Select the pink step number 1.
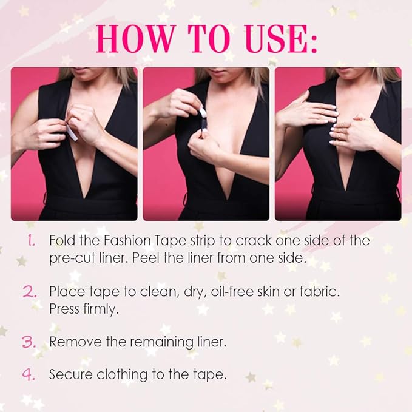32,240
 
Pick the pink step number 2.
30,291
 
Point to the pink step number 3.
29,342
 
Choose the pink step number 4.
29,374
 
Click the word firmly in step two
101,309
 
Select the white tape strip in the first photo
72,133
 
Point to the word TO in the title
209,38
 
